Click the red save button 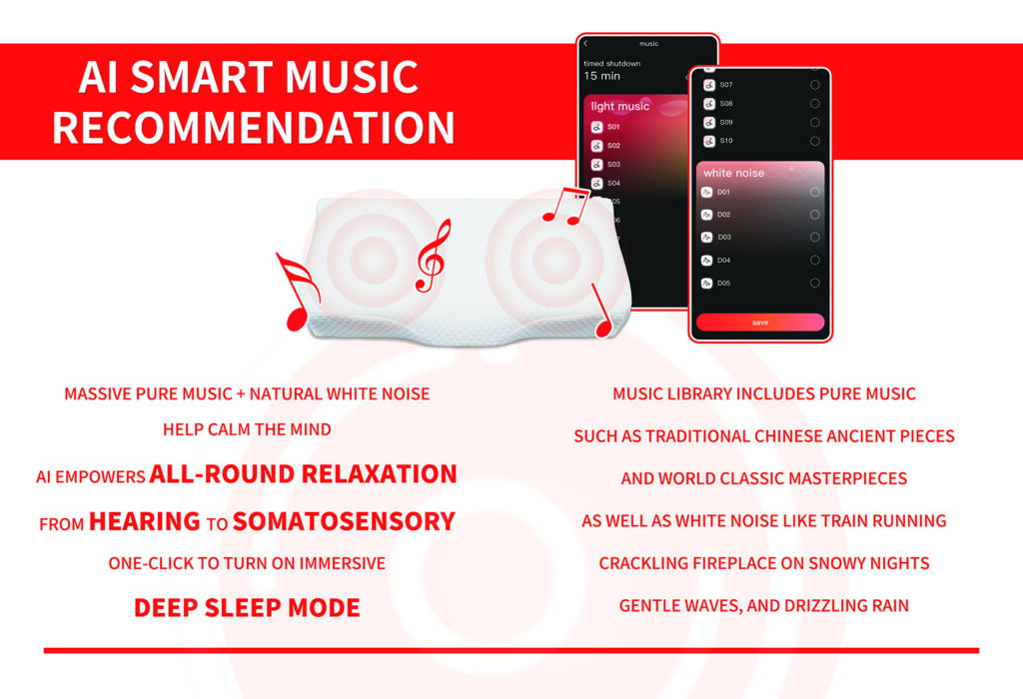tap(760, 323)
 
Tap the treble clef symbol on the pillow tap(433, 257)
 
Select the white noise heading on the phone tap(733, 173)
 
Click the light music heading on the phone tap(619, 106)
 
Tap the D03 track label tap(724, 238)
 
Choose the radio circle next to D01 tap(815, 192)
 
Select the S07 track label tap(726, 85)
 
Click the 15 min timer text tap(602, 76)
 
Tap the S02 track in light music tap(614, 146)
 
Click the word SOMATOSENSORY tap(344, 521)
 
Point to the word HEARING tap(144, 521)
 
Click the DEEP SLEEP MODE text tap(247, 608)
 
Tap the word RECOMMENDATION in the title tap(253, 127)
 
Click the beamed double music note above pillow tap(565, 206)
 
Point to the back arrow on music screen tap(585, 44)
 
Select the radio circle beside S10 tap(815, 141)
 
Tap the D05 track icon tap(706, 283)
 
